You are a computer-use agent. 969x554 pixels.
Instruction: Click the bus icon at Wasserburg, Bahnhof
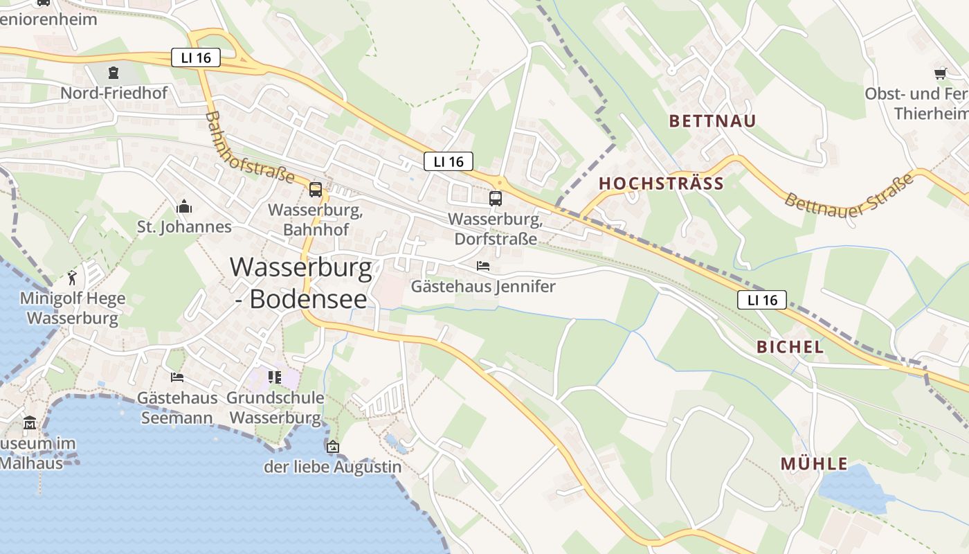(x=316, y=189)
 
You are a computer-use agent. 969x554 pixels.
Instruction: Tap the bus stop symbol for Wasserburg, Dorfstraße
(x=496, y=199)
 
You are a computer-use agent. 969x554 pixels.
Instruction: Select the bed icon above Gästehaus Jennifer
(x=483, y=266)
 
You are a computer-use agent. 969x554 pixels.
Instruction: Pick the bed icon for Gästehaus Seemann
(x=177, y=377)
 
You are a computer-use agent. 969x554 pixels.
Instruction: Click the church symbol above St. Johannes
(x=184, y=206)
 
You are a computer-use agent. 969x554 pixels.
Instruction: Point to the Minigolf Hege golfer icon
(x=73, y=278)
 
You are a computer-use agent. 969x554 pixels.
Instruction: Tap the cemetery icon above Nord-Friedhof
(x=113, y=72)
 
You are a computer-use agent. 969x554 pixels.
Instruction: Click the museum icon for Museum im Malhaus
(x=30, y=422)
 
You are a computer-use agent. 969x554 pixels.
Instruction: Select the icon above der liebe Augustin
(x=333, y=447)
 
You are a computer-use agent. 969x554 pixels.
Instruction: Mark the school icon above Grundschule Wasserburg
(x=275, y=377)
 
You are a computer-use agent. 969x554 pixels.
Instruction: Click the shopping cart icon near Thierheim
(x=940, y=73)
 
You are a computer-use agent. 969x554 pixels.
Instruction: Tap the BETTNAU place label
(x=712, y=120)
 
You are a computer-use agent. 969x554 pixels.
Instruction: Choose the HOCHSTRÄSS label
(x=661, y=184)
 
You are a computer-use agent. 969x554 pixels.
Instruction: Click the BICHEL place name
(x=790, y=347)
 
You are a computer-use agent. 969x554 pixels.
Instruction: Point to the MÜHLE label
(x=814, y=464)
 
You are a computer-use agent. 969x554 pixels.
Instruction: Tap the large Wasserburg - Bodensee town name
(x=300, y=283)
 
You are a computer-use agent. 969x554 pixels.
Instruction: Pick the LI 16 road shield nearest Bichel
(x=762, y=300)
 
